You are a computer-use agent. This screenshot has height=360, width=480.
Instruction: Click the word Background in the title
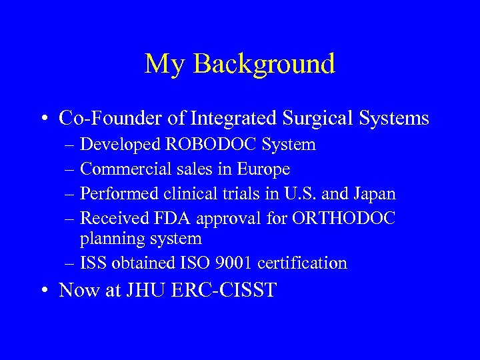pyautogui.click(x=265, y=64)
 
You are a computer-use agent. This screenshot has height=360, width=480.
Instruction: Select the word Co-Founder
pyautogui.click(x=111, y=119)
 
